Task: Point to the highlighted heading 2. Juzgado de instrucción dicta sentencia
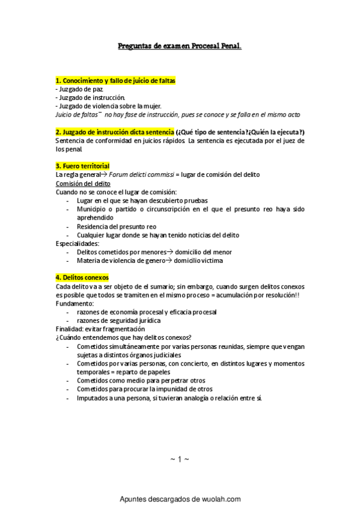[x=114, y=132]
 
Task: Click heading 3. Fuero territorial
[x=82, y=166]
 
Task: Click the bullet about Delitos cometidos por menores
[x=154, y=252]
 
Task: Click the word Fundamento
[x=75, y=304]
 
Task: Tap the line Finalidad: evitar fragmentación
[x=100, y=329]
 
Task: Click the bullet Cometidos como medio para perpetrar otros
[x=141, y=381]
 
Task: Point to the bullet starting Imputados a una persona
[x=169, y=398]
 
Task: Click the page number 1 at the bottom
[x=180, y=459]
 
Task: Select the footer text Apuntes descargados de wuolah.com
[x=180, y=499]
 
